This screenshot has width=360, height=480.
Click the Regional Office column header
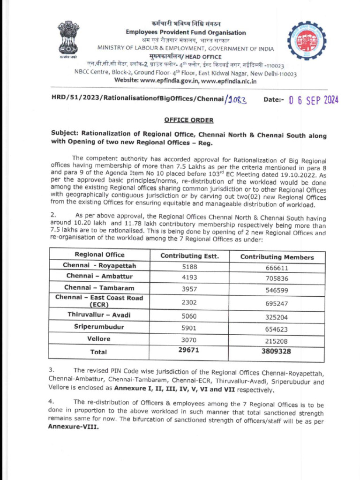pyautogui.click(x=99, y=255)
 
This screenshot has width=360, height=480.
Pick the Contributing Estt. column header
pyautogui.click(x=189, y=256)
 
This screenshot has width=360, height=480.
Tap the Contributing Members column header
pyautogui.click(x=277, y=257)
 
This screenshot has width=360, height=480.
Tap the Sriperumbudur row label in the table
pyautogui.click(x=99, y=327)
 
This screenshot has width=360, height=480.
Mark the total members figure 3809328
pyautogui.click(x=276, y=352)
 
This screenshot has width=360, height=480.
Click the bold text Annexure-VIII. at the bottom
pyautogui.click(x=74, y=427)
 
